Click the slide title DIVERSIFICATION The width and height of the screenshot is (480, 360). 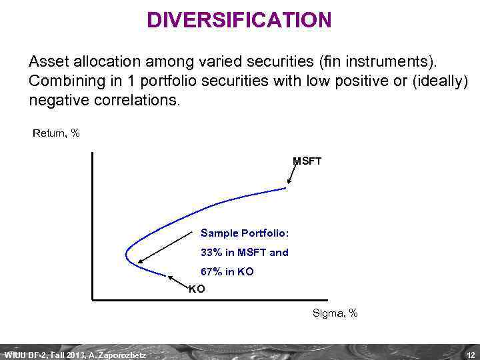pos(239,20)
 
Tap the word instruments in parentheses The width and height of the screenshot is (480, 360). pos(396,62)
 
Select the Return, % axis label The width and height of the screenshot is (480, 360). pos(56,133)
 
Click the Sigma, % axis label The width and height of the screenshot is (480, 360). pos(335,313)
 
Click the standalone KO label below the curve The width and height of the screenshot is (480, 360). pos(197,289)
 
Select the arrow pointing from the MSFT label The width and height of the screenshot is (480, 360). pos(292,175)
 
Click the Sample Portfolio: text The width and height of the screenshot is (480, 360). pos(245,233)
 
